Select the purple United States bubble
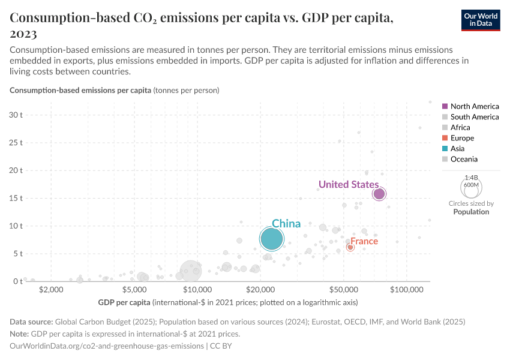tap(379, 194)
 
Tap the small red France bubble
tap(350, 247)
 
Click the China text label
tap(286, 224)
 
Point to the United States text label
tap(348, 184)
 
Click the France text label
tap(364, 241)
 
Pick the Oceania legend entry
tap(464, 159)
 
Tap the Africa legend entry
tap(460, 127)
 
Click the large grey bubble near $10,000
tap(191, 272)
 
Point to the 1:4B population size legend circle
tap(471, 187)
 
